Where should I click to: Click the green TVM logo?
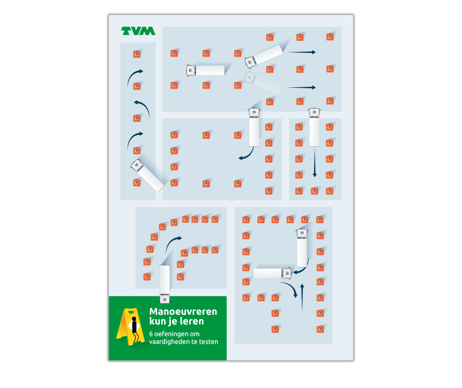coord(138,31)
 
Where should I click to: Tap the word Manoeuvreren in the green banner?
coord(183,311)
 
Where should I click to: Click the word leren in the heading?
coord(190,321)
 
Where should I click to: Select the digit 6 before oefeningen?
coord(151,334)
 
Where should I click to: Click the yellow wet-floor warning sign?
coord(130,326)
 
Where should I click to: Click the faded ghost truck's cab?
coord(250,78)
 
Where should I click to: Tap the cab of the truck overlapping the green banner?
coord(165,299)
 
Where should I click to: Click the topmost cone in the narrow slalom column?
coord(137,54)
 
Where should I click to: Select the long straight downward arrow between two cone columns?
coord(314,163)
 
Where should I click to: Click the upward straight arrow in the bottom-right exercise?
coord(302,298)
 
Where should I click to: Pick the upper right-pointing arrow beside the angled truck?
coord(301,52)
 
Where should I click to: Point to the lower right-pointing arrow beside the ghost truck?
coord(301,87)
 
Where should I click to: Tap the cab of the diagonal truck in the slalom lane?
coord(137,165)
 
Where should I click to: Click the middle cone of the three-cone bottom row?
coord(314,192)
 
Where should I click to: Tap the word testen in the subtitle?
coord(209,342)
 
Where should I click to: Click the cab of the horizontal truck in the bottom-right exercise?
coord(286,273)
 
